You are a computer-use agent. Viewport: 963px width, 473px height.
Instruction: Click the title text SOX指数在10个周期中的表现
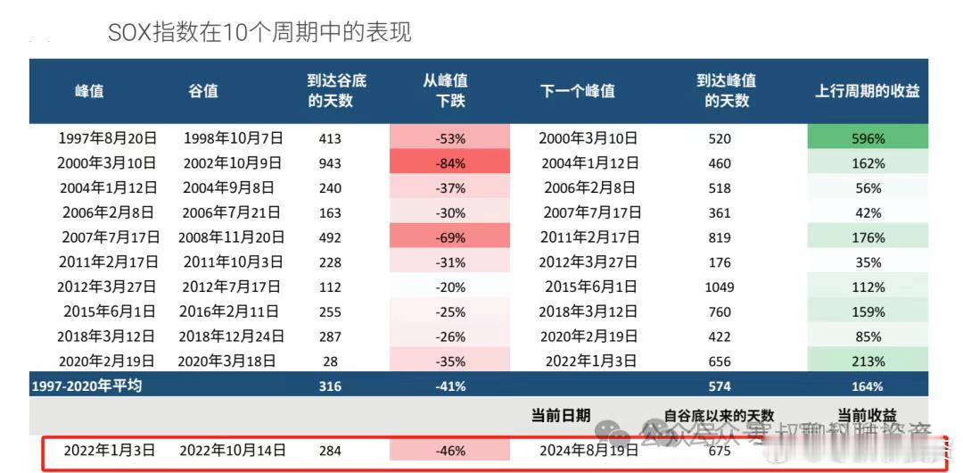pos(259,33)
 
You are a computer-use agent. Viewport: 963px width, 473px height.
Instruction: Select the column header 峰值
pos(89,91)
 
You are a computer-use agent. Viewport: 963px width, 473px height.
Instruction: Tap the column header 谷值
pos(203,91)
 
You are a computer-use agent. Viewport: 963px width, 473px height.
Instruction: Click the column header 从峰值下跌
pos(449,91)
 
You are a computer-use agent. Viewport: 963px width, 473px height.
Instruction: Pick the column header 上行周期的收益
pos(867,91)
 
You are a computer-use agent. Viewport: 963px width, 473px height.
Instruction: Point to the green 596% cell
pos(867,138)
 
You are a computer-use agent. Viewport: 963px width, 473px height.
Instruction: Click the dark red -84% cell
pos(449,163)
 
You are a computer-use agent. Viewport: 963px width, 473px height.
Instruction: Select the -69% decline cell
pos(449,237)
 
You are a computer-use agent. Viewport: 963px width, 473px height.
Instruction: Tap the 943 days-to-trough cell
pos(330,163)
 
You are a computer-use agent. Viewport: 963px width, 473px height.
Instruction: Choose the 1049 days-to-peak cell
pos(719,287)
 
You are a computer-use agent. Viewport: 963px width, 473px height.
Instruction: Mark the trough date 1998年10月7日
pos(234,138)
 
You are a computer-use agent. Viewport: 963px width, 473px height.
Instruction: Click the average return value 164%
pos(867,386)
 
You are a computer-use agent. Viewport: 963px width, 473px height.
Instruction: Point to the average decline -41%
pos(449,386)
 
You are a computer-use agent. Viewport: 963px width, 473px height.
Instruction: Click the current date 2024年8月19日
pos(588,451)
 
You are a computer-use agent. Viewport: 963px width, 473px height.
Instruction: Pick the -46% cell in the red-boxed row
pos(449,451)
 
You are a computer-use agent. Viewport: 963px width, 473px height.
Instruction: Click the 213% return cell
pos(867,361)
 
